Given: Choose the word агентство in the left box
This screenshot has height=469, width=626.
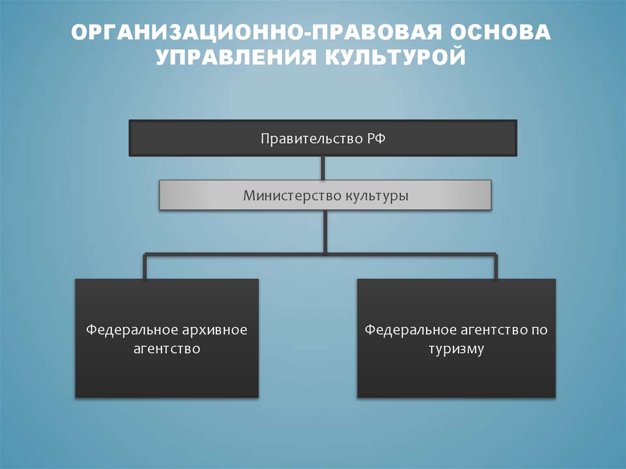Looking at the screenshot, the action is tap(167, 350).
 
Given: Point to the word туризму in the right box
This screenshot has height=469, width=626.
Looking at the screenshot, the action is tap(457, 350).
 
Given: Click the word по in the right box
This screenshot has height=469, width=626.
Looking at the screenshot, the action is tap(540, 331).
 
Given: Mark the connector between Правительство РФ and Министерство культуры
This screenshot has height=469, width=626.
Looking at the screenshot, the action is tap(323, 168).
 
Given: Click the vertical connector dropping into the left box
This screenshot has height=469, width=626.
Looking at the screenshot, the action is tap(145, 266).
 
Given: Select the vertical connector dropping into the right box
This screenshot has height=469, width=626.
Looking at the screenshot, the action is tap(495, 266).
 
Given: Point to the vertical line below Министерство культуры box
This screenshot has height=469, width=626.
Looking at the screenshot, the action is tap(325, 231).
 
